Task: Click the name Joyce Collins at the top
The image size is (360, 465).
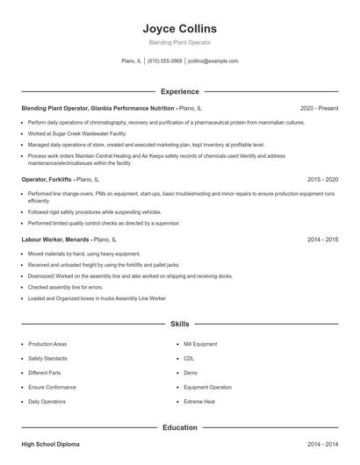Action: tap(180, 28)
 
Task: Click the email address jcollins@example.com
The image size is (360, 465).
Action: tap(213, 61)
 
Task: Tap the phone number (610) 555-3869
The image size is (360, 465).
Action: tap(164, 61)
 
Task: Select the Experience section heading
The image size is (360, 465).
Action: tap(180, 91)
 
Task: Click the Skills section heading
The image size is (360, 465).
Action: tap(180, 324)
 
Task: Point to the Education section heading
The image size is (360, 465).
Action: tap(180, 427)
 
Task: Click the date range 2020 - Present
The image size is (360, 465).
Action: tap(319, 108)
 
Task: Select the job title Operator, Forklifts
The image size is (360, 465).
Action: tap(48, 178)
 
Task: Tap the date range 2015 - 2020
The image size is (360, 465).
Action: tap(322, 178)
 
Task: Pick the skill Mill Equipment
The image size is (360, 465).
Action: tap(200, 344)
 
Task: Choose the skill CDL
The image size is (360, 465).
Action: tap(188, 358)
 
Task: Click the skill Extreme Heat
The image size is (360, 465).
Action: tap(198, 401)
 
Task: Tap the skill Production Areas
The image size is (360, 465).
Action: tap(47, 344)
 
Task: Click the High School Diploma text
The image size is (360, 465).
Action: tap(51, 445)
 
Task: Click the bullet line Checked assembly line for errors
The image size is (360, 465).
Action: tap(65, 287)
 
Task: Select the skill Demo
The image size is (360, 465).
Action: tap(191, 373)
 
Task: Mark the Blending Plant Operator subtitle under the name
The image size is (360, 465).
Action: tap(180, 42)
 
